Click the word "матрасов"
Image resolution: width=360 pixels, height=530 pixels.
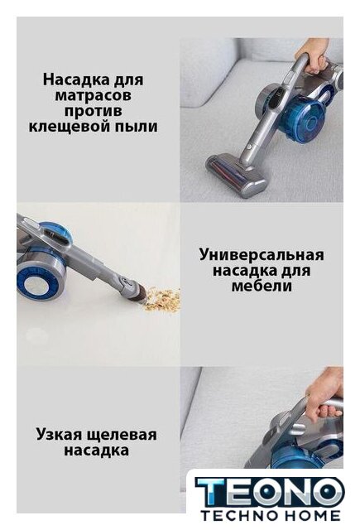click(x=94, y=96)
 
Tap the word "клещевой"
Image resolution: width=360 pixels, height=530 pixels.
click(x=69, y=127)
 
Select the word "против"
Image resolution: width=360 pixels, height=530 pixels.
click(x=94, y=112)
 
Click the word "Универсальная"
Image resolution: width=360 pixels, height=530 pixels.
click(x=262, y=256)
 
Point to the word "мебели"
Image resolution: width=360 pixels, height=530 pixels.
click(x=262, y=287)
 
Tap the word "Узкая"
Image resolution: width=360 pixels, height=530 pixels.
click(x=59, y=434)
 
